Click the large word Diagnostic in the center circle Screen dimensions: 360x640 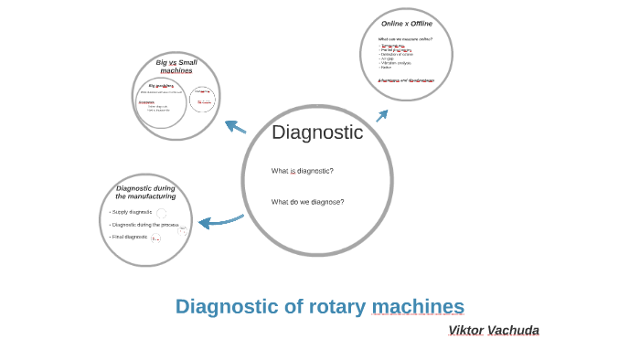(x=317, y=132)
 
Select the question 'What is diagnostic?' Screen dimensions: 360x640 (x=302, y=171)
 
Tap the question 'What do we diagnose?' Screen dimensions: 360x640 (x=307, y=202)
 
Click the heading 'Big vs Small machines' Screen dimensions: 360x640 (x=176, y=66)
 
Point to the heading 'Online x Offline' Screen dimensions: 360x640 (x=407, y=23)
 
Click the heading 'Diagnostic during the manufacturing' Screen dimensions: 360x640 (x=145, y=192)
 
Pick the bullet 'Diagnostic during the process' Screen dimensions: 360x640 (x=144, y=224)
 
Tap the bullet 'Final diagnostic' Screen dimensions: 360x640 (x=129, y=237)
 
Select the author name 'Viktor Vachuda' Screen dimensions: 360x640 (x=494, y=330)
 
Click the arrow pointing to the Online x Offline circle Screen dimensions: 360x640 (x=382, y=115)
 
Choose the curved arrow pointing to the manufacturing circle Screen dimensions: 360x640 (x=219, y=220)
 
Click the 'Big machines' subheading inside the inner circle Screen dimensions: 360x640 (x=161, y=85)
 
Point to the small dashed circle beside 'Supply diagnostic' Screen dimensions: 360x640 (x=162, y=213)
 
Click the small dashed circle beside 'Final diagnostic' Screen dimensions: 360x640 (x=155, y=238)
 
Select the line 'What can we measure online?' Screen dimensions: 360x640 (x=405, y=39)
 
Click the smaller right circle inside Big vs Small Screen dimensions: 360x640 (x=202, y=99)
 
